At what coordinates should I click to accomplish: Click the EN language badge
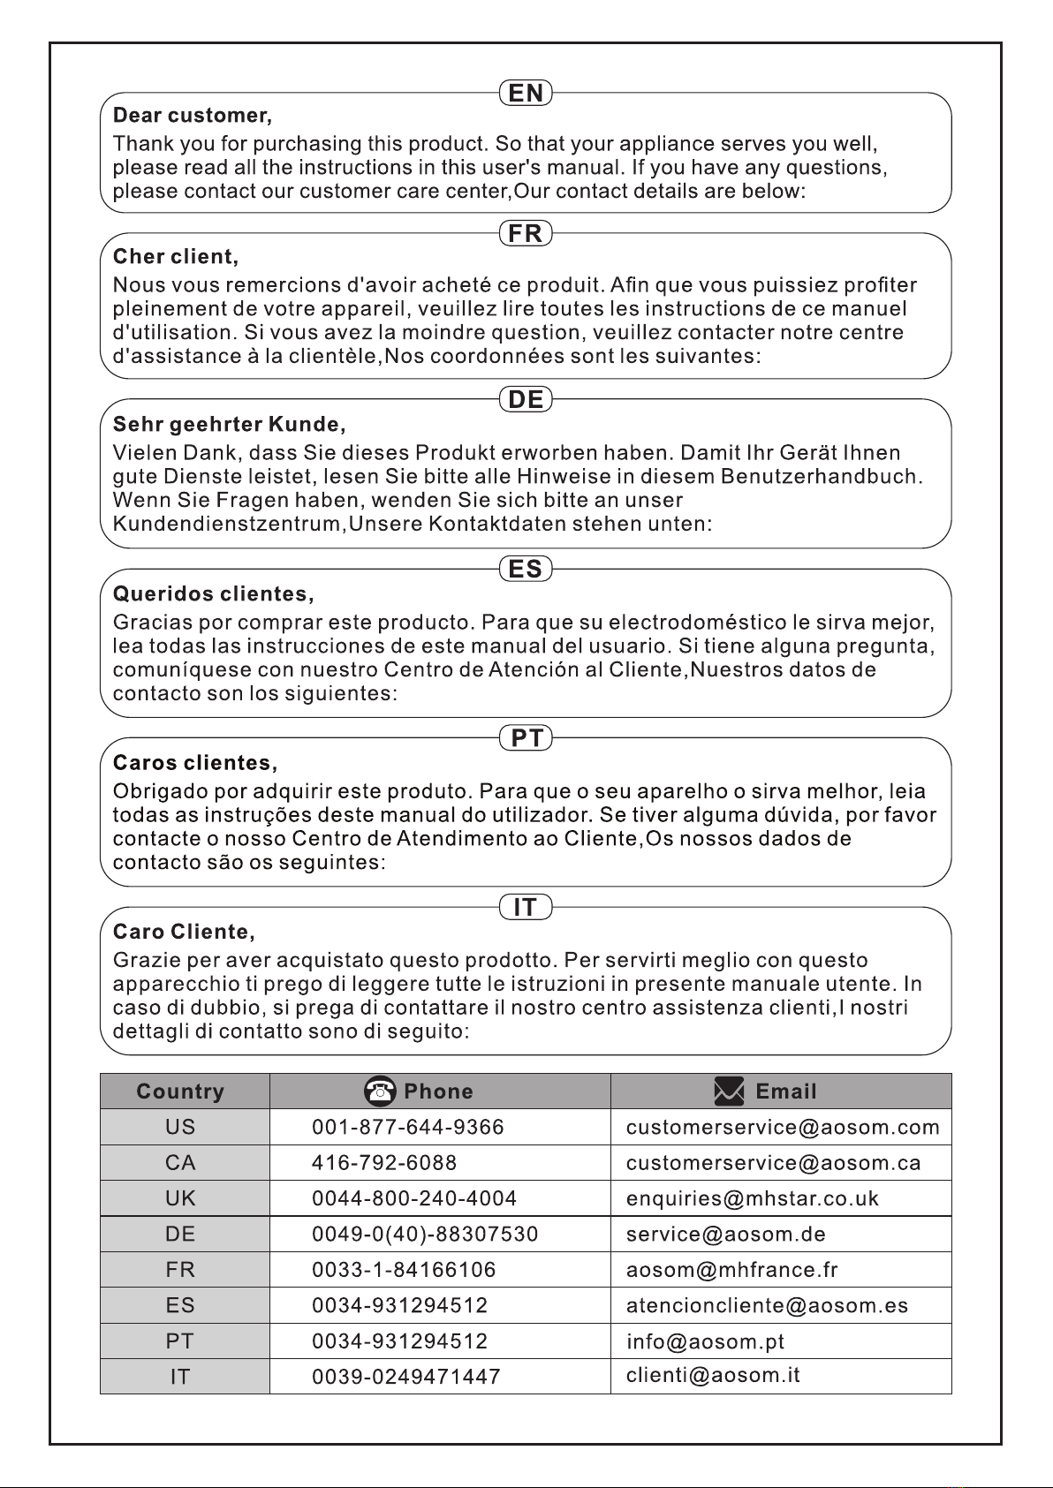coord(526,93)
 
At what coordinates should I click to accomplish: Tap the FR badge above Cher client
coord(526,234)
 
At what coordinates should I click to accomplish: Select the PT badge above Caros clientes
coord(526,738)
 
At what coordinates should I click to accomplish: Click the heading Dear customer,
coord(193,116)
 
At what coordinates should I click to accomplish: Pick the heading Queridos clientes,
coord(214,593)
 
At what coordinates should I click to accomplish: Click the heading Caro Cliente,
coord(185,932)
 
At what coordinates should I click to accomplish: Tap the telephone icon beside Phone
coord(380,1091)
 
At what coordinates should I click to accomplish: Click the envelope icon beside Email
coord(729,1092)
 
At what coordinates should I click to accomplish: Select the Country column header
coord(180,1092)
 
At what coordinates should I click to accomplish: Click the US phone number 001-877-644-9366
coord(408,1128)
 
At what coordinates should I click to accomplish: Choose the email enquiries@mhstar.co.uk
coord(753,1198)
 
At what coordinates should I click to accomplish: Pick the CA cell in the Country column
coord(180,1163)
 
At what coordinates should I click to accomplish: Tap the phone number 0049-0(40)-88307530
coord(425,1235)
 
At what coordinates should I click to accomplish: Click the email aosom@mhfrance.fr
coord(731,1270)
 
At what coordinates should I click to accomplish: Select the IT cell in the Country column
coord(180,1377)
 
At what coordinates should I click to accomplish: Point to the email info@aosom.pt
coord(705,1341)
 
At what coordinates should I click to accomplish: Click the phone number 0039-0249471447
coord(406,1377)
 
